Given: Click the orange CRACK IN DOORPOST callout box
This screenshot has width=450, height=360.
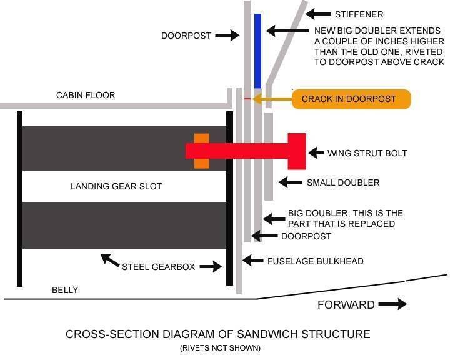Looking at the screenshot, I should [x=352, y=99].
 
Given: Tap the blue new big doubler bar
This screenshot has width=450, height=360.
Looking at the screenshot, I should [x=257, y=51].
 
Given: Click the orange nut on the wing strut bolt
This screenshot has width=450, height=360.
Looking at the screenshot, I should [x=201, y=151].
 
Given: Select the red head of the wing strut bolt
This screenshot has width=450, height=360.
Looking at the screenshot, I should [x=296, y=151].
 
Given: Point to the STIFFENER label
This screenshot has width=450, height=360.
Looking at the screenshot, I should [x=359, y=14].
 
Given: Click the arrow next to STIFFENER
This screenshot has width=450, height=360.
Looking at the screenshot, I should [x=319, y=14].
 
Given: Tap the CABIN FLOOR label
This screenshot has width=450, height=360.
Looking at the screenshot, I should [x=86, y=95].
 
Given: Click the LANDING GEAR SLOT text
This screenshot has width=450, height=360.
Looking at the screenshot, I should [x=116, y=186].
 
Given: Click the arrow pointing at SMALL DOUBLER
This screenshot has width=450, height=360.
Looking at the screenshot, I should [x=291, y=182].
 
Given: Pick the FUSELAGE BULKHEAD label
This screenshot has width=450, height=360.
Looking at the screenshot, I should [x=315, y=261].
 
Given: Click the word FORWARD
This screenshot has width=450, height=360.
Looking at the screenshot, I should [x=346, y=305].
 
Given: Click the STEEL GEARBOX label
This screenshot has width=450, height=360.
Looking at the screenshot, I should [x=158, y=266].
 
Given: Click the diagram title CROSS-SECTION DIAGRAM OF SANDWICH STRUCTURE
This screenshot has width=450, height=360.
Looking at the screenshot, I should [x=217, y=334].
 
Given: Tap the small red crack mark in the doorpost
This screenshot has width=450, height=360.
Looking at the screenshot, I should [x=247, y=99].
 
